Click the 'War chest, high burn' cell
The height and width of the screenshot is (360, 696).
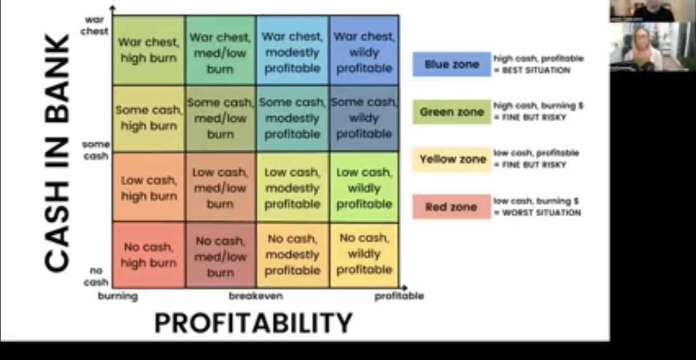tap(149, 51)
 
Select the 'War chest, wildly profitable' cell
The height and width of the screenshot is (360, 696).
tap(364, 51)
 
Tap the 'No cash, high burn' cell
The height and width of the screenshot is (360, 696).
tap(149, 255)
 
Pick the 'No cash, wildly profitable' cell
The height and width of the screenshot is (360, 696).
tap(364, 255)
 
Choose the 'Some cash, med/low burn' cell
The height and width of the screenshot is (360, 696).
tap(221, 119)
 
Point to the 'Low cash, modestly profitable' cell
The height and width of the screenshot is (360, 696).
tap(292, 188)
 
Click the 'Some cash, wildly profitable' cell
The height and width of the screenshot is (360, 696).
tap(364, 119)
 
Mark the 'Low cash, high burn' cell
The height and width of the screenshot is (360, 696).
tap(149, 188)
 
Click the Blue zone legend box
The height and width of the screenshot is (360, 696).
tap(452, 65)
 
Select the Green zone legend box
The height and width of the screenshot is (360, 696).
tap(452, 112)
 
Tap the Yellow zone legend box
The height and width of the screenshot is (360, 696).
tap(452, 160)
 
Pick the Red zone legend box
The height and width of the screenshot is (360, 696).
tap(452, 207)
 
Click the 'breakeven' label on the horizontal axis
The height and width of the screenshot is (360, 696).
tap(256, 296)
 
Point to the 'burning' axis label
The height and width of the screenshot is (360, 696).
tap(118, 297)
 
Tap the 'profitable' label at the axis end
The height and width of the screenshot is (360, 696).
tap(399, 296)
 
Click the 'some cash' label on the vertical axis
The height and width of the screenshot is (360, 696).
tap(96, 150)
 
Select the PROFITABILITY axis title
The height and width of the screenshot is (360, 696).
tap(254, 323)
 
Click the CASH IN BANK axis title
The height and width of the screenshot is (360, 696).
tap(57, 153)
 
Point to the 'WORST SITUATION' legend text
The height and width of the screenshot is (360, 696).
tap(542, 213)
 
